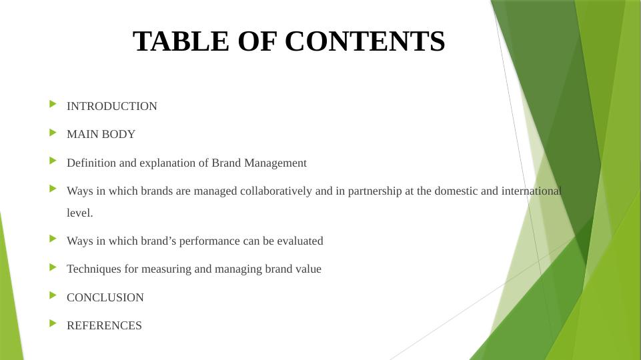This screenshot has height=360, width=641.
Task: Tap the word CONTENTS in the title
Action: [365, 41]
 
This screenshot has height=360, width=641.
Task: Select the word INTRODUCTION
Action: [112, 106]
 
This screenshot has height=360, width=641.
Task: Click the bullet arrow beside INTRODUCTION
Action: [53, 104]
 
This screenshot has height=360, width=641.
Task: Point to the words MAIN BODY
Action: [101, 134]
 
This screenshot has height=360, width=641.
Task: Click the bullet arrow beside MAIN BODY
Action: [53, 132]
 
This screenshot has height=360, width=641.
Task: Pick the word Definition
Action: [89, 163]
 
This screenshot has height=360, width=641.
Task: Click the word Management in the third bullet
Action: [275, 163]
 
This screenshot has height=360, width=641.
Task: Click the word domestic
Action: [456, 191]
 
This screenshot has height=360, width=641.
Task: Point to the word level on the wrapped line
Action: [79, 213]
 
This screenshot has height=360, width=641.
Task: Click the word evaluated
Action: [299, 241]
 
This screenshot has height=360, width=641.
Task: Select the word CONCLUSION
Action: [105, 297]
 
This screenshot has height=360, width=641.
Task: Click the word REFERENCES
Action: [104, 325]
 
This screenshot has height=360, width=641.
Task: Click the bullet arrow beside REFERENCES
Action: [53, 323]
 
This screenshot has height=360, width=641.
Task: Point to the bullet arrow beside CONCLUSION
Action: [53, 295]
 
